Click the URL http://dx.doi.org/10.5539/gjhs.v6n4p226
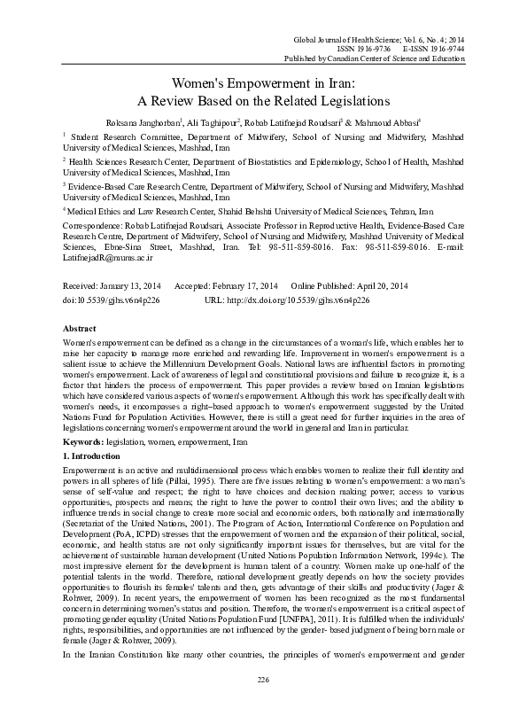(x=299, y=300)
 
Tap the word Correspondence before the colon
(x=93, y=227)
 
